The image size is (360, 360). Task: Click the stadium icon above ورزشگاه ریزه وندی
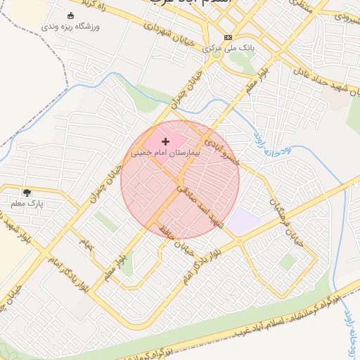click(70, 15)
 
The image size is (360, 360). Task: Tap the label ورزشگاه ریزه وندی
click(70, 27)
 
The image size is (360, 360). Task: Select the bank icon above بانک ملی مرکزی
click(228, 37)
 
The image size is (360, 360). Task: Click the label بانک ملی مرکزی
click(228, 49)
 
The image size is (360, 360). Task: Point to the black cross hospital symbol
click(166, 141)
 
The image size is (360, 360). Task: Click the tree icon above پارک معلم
click(27, 192)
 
